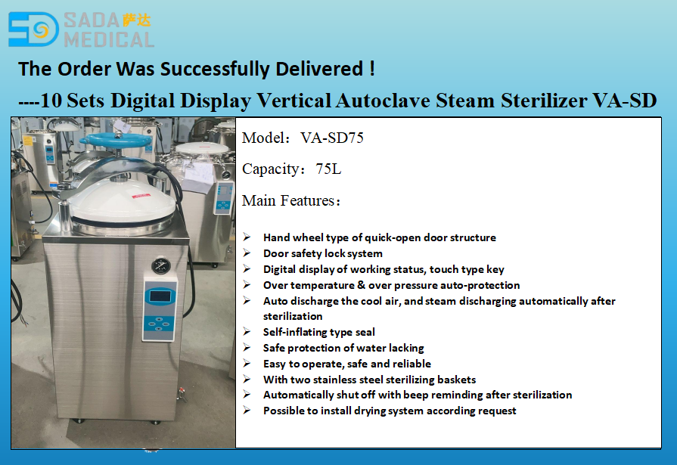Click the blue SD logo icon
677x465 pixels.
click(33, 29)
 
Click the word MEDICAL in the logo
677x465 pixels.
click(109, 39)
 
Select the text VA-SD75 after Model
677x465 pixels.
click(332, 138)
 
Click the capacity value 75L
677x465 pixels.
click(328, 169)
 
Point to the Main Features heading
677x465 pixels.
click(291, 200)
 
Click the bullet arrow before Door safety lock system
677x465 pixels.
click(247, 253)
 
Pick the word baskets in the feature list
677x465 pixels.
click(456, 380)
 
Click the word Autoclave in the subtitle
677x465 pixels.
click(384, 100)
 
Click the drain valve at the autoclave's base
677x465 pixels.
click(179, 392)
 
